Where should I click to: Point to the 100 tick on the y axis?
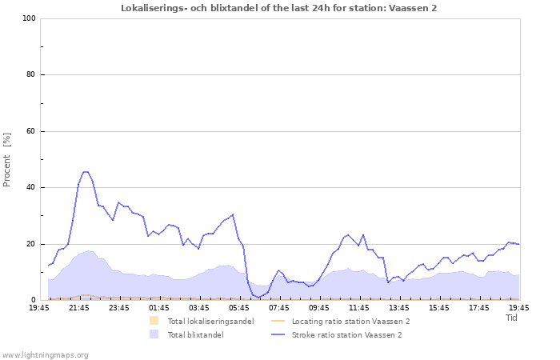[30, 18]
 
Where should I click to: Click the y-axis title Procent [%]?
[7, 160]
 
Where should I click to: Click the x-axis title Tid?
[512, 318]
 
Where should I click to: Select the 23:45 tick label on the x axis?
[119, 307]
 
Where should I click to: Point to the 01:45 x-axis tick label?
[159, 307]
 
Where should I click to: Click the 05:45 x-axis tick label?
[239, 307]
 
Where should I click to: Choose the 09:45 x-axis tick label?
[319, 307]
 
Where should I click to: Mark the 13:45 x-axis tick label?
[399, 307]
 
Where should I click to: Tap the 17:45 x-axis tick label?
[479, 307]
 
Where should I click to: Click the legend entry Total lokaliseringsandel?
[210, 321]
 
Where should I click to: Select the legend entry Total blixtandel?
[195, 334]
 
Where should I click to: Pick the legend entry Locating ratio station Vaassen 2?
[350, 321]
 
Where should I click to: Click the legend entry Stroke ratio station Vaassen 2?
[346, 334]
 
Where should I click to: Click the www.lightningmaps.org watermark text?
[45, 354]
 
